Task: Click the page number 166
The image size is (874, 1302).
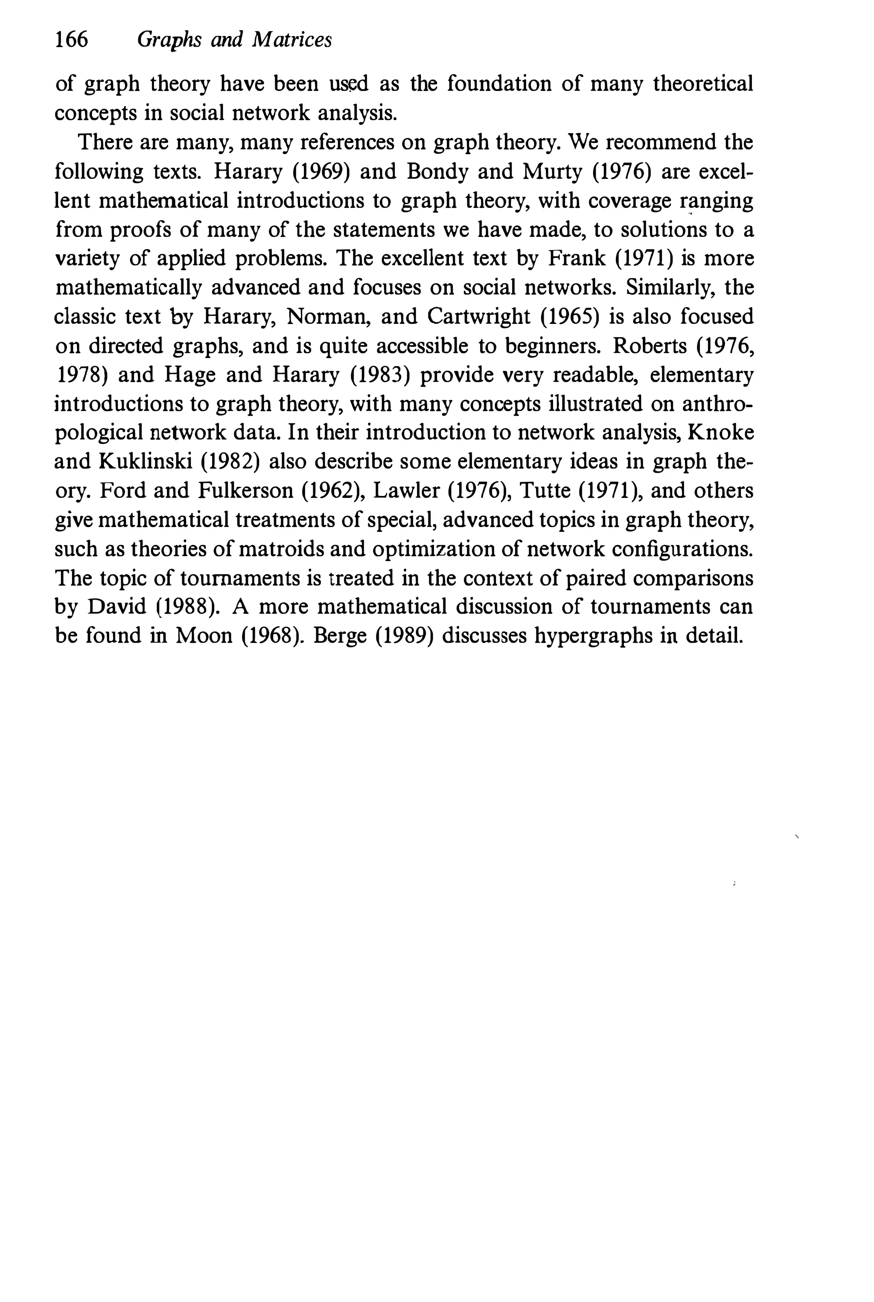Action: pos(71,40)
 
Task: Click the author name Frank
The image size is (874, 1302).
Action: pos(577,259)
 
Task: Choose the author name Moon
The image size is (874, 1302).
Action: pos(204,636)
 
